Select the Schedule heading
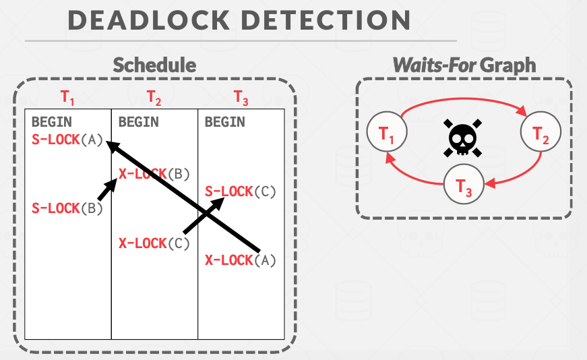[154, 65]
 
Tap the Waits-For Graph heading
[464, 65]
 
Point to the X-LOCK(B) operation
[154, 173]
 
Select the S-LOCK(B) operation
[67, 208]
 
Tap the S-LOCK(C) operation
[240, 191]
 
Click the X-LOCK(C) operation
[154, 243]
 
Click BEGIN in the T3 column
[224, 122]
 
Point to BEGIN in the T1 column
[52, 122]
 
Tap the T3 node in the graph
[464, 185]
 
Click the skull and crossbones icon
[463, 138]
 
